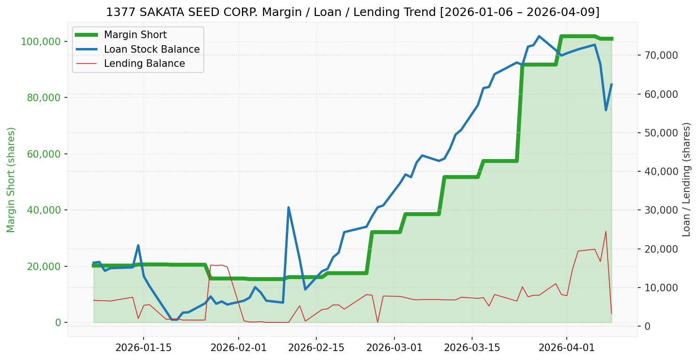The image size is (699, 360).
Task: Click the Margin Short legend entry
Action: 135,35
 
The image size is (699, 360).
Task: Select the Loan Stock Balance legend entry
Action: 152,49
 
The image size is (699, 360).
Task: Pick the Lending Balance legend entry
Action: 144,64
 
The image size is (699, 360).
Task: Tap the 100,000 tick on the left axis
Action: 41,41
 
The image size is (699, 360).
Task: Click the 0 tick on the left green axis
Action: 58,322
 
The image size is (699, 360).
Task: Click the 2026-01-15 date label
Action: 143,349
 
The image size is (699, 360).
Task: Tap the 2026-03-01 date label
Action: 394,349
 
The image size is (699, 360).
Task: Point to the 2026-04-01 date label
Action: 566,349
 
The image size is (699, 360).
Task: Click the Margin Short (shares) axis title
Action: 11,179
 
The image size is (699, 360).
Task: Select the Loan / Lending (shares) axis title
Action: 686,179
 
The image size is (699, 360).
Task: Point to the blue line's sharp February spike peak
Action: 288,208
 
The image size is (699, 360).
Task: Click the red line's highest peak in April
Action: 606,231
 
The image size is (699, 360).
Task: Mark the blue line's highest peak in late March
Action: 539,36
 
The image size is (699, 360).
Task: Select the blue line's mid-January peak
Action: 138,245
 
